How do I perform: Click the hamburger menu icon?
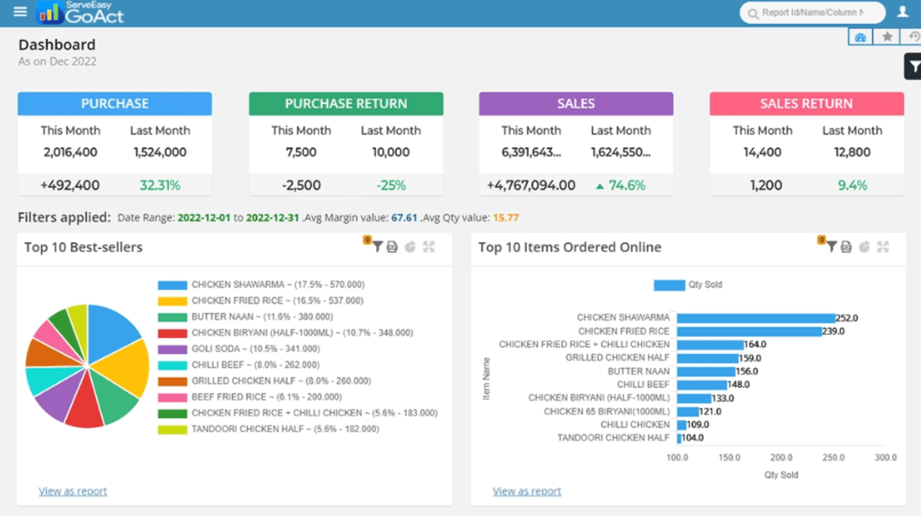(20, 12)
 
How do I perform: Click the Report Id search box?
(812, 13)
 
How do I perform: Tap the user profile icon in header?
(902, 12)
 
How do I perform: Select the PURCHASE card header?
(115, 103)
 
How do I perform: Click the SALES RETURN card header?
(806, 103)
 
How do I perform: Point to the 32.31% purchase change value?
(160, 185)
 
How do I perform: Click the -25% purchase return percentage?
(391, 185)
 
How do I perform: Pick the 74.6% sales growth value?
(626, 185)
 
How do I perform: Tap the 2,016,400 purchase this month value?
(71, 153)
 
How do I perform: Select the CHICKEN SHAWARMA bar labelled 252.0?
(756, 318)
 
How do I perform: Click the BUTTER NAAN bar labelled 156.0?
(706, 372)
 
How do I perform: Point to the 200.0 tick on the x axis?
(782, 458)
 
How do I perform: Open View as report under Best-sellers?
(72, 491)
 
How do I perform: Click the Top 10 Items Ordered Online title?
(570, 247)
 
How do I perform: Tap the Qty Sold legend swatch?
(669, 285)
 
